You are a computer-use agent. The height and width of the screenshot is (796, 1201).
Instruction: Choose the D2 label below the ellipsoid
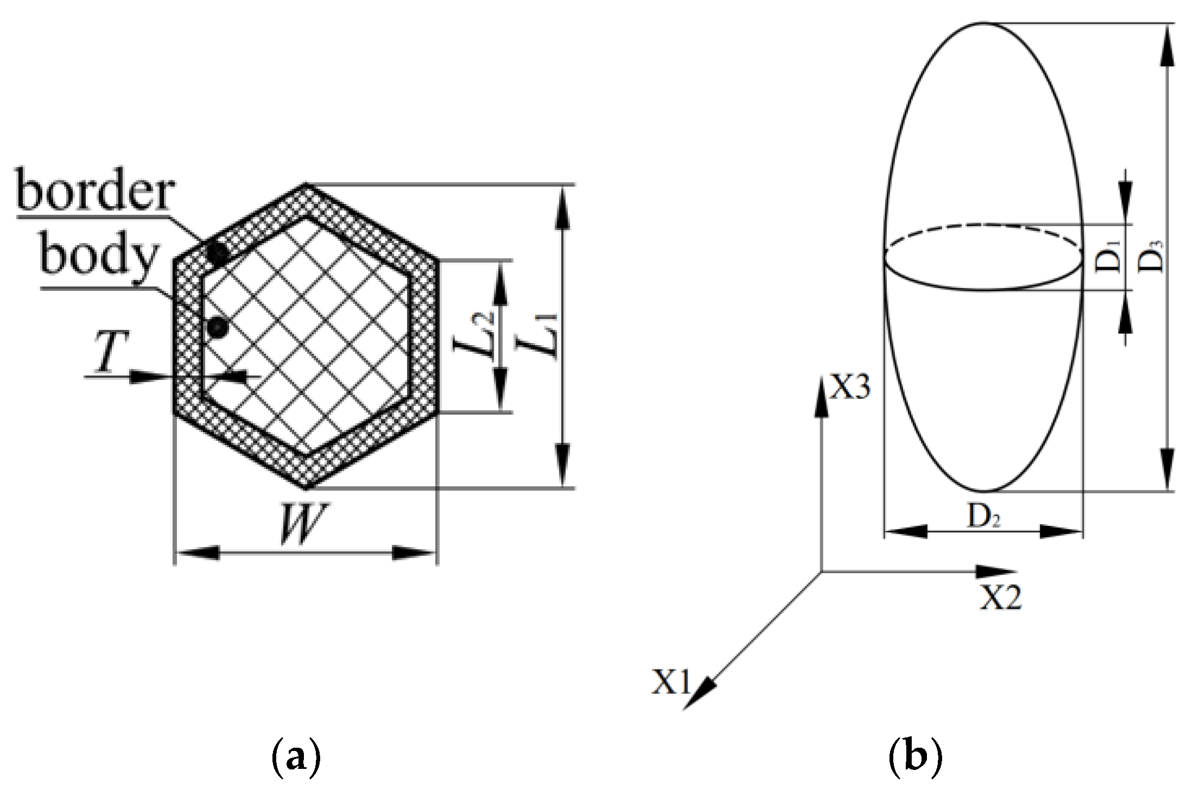pos(983,517)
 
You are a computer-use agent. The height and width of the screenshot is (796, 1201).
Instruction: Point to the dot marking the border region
pos(218,252)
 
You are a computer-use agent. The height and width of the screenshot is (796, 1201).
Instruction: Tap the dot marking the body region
pos(218,326)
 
